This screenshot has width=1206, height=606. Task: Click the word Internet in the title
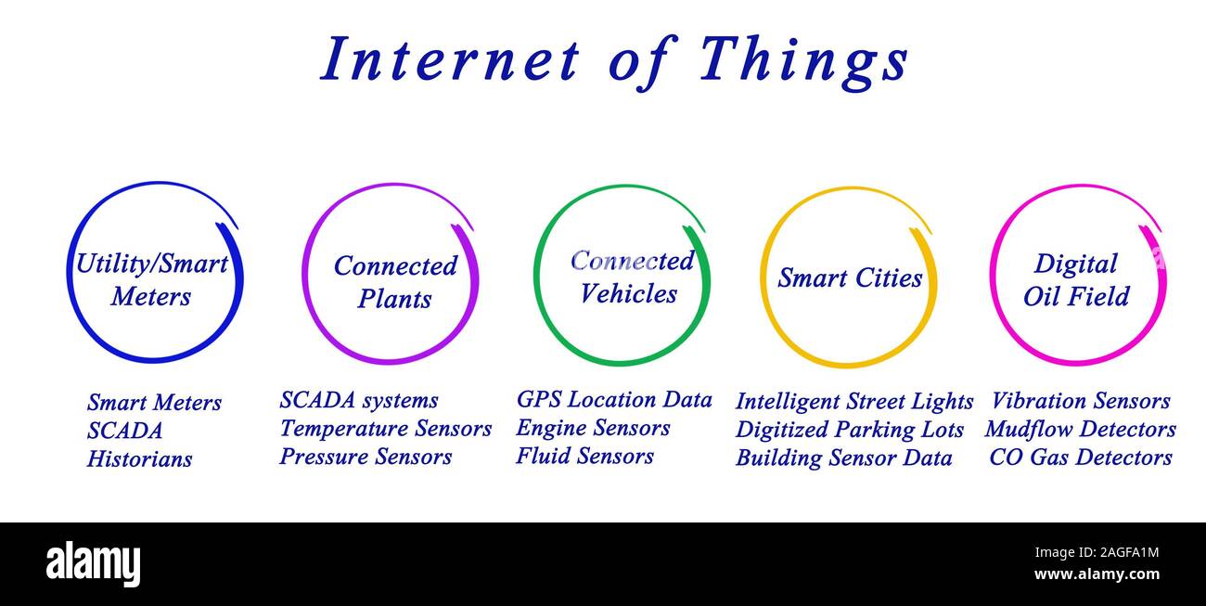449,60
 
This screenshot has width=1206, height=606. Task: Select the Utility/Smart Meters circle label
151,279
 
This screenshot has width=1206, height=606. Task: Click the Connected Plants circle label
395,282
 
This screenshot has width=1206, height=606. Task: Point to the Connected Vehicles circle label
631,277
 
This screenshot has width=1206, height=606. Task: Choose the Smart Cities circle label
850,278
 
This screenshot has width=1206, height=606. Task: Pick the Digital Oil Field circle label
1076,279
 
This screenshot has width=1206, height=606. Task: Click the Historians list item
139,459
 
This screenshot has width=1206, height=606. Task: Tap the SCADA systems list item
358,400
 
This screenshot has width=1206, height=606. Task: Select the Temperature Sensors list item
385,429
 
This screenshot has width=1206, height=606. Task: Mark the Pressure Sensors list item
366,457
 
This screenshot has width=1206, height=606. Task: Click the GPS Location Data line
614,400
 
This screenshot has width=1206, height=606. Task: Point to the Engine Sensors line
593,428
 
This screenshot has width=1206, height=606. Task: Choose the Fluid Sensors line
584,456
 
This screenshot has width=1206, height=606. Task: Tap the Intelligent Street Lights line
853,402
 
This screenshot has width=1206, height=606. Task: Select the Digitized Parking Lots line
849,430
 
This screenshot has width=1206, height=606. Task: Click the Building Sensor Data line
843,458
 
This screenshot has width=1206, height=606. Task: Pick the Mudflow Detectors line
1080,430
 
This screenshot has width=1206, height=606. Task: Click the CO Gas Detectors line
1080,458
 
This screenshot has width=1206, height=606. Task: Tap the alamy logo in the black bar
93,563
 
